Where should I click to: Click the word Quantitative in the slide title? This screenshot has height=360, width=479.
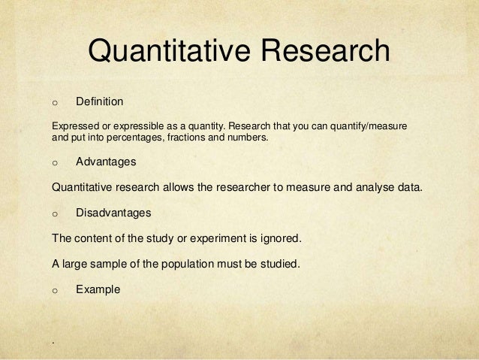coord(168,52)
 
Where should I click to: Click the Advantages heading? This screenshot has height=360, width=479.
coord(106,161)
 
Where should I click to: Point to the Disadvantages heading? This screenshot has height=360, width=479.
coord(113,213)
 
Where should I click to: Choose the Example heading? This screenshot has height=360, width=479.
coord(98,288)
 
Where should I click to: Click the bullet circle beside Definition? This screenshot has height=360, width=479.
coord(54,101)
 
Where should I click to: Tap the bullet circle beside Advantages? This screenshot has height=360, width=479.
coord(54,162)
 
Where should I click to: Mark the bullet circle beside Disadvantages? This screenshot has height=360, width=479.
coord(54,213)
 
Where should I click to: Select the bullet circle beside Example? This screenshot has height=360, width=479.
coord(54,289)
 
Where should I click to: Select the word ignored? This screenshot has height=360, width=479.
coord(279,239)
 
